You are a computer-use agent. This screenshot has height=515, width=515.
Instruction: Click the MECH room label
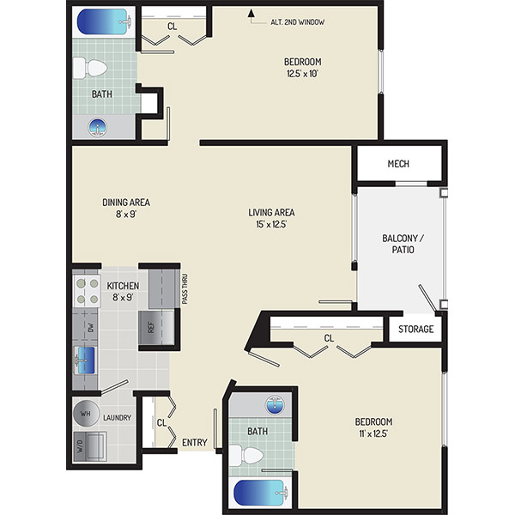[x=398, y=164]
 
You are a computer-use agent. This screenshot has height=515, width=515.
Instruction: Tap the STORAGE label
[x=415, y=329]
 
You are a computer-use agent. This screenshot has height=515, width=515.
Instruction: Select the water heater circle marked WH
[x=86, y=414]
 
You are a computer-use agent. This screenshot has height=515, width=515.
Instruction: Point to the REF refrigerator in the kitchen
[x=156, y=327]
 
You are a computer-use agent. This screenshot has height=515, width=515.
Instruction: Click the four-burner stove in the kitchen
[x=87, y=291]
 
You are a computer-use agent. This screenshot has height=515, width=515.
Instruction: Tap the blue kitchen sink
[x=86, y=360]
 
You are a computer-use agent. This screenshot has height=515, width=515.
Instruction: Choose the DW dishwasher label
[x=91, y=328]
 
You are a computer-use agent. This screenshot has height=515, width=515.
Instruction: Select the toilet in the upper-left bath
[x=90, y=69]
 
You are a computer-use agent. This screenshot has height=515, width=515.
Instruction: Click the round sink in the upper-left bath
[x=98, y=127]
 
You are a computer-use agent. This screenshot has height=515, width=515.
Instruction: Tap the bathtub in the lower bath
[x=262, y=493]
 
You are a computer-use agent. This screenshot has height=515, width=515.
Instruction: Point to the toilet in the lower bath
[x=246, y=456]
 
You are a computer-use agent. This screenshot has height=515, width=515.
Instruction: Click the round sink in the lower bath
[x=276, y=405]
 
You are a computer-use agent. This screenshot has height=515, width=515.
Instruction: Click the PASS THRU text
[x=185, y=289]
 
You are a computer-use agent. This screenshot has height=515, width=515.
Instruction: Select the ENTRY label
[x=195, y=442]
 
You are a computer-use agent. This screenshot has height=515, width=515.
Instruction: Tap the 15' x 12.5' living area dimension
[x=271, y=224]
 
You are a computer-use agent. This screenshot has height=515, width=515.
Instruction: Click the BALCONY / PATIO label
[x=403, y=244]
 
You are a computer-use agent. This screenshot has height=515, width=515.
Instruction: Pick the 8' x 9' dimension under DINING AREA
[x=126, y=214]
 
